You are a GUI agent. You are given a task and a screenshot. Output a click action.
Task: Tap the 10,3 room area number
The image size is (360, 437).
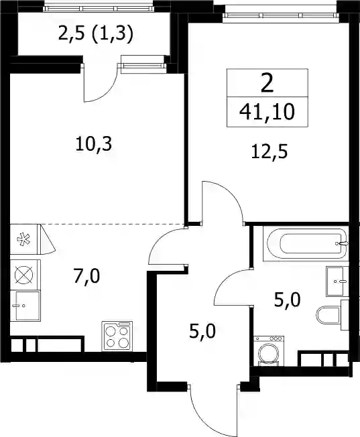[94, 145]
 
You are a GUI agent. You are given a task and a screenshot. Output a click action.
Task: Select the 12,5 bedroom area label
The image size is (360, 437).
[269, 152]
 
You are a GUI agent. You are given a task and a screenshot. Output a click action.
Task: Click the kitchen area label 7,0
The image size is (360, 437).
[86, 277]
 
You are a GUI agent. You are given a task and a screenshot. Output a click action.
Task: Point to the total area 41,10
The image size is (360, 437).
[267, 112]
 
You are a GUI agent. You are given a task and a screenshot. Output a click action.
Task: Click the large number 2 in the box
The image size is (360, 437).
[267, 84]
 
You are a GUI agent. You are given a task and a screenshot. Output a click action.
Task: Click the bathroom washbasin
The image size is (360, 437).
[337, 282]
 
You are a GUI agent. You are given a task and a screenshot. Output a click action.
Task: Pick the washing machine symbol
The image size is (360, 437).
[269, 351]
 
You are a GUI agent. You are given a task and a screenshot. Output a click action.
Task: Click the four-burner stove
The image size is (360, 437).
[117, 336]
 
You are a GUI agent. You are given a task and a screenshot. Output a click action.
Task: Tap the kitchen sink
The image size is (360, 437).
[25, 306]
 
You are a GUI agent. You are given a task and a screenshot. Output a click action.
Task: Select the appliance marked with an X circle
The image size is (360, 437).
[23, 275]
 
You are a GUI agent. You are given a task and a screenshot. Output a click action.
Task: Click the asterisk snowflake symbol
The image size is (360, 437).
[23, 239]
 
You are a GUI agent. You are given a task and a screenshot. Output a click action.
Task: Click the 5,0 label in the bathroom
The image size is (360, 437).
[287, 300]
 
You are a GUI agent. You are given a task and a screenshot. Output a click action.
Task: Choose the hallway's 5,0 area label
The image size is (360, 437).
[202, 332]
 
